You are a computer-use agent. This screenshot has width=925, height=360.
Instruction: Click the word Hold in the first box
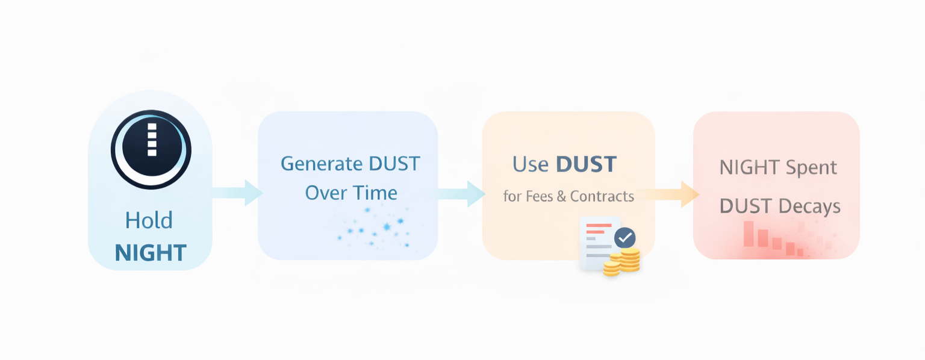[x=149, y=221]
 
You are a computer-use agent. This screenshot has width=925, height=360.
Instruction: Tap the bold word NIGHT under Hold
[x=151, y=253]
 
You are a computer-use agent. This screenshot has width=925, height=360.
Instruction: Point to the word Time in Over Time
[x=375, y=193]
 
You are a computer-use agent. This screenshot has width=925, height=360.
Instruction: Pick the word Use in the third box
[x=530, y=164]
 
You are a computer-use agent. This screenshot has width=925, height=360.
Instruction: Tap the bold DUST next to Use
[x=586, y=164]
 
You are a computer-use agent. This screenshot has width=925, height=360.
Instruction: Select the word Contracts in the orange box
[x=602, y=196]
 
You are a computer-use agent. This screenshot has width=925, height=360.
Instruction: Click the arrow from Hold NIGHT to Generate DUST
[x=237, y=193]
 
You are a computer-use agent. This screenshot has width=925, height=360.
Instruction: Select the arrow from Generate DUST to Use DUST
[x=461, y=193]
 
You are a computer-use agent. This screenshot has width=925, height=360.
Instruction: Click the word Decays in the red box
[x=809, y=206]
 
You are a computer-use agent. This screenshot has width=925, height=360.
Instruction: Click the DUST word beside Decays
[x=746, y=206]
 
